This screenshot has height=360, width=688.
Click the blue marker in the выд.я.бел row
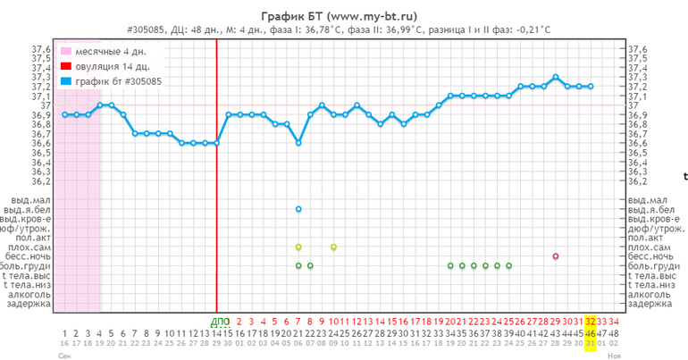[298, 209]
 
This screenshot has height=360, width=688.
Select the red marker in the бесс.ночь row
[556, 256]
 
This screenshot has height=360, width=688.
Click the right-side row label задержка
[650, 304]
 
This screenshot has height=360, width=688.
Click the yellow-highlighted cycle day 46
[591, 332]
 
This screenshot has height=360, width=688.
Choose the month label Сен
[64, 355]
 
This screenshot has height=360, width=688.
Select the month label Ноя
[614, 355]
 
